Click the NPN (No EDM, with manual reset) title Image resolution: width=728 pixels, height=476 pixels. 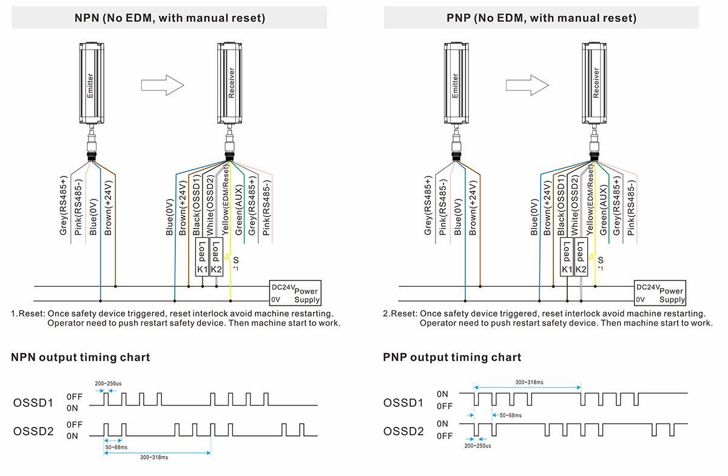click(169, 18)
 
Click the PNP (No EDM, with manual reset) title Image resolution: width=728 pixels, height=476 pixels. click(541, 18)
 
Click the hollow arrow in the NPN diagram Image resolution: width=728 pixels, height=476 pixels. click(162, 85)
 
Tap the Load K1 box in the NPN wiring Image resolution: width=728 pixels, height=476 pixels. click(202, 258)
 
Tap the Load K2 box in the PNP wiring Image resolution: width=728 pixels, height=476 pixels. click(581, 258)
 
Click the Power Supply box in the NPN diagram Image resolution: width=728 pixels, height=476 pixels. click(294, 293)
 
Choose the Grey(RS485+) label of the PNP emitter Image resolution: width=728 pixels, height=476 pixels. click(428, 206)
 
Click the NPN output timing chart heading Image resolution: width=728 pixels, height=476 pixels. click(80, 357)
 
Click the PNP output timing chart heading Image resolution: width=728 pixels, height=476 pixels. click(452, 357)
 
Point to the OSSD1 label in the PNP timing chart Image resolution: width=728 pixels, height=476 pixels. click(403, 403)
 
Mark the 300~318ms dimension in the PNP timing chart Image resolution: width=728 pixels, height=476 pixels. click(530, 382)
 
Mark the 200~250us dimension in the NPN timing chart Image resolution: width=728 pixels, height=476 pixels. click(109, 383)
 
